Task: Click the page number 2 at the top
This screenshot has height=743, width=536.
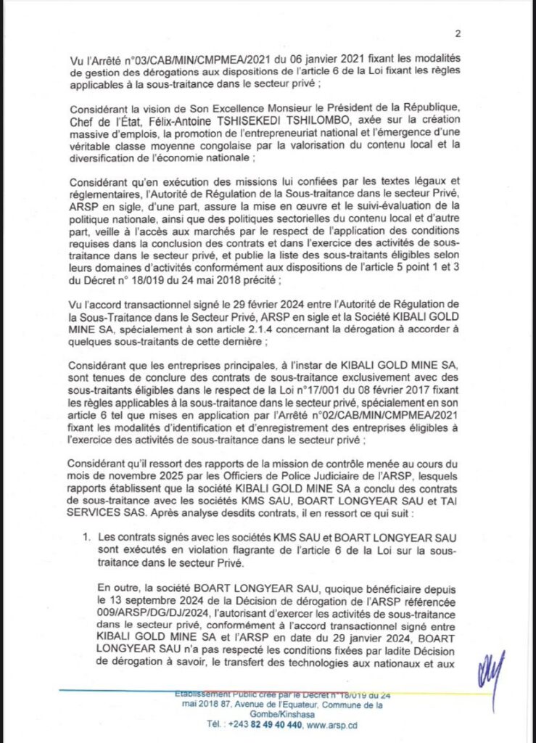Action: [459, 33]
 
